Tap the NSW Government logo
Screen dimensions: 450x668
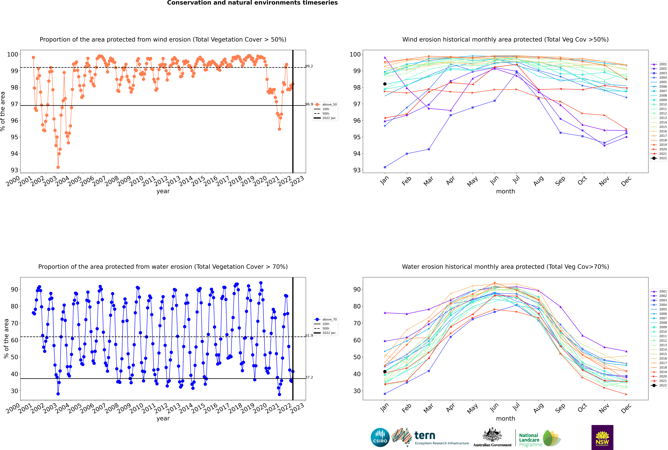tap(602, 437)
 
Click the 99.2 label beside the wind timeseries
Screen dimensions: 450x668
tap(309, 66)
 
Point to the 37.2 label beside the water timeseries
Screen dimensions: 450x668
tap(309, 377)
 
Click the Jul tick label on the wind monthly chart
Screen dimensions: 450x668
tap(516, 180)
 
